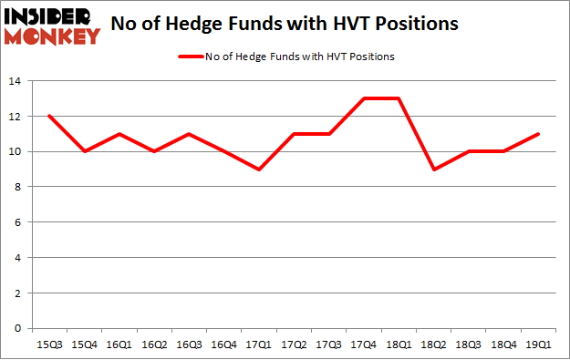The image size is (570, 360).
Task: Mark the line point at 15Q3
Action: [x=49, y=117]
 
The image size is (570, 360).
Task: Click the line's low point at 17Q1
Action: [x=260, y=170]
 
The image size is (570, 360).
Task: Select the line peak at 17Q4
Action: [x=365, y=99]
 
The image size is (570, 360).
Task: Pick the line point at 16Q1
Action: [x=119, y=134]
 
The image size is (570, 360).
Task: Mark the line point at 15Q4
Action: [x=85, y=152]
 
